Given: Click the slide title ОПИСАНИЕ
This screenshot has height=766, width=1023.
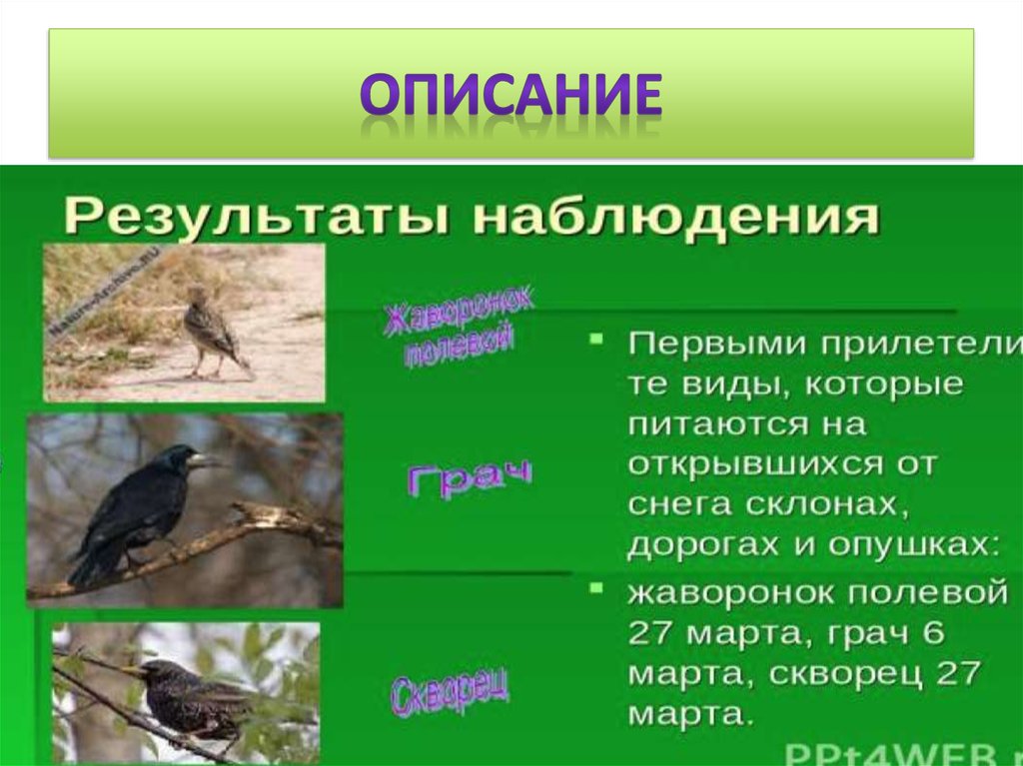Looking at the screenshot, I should tap(511, 96).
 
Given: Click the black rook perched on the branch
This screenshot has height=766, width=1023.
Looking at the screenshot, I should tap(140, 508).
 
